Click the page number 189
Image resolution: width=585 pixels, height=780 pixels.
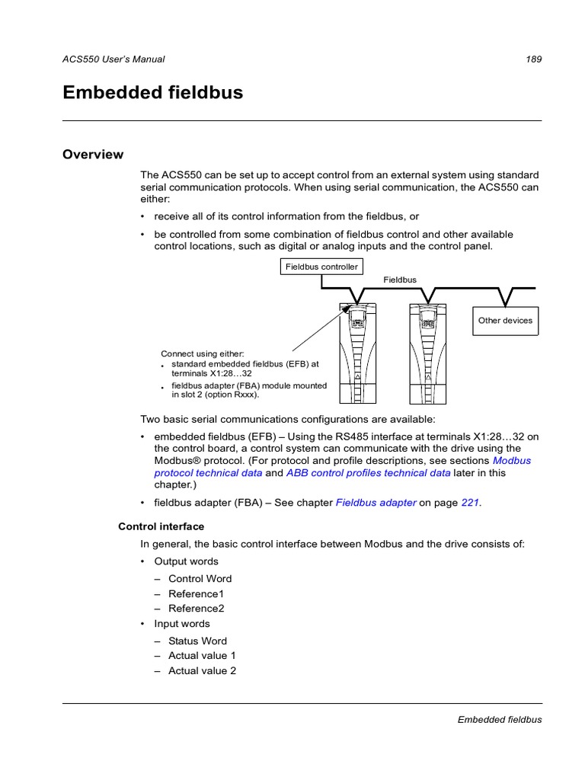tap(533, 59)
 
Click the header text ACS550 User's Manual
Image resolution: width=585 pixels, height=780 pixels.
tap(113, 59)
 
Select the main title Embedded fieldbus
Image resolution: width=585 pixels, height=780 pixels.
tap(152, 93)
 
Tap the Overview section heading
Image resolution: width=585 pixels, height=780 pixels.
tap(92, 155)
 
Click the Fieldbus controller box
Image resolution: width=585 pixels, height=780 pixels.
tap(321, 267)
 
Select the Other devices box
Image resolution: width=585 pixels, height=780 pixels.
tap(505, 321)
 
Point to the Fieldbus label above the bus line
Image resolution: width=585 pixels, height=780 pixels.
tap(400, 280)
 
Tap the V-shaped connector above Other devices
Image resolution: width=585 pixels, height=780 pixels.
tap(506, 296)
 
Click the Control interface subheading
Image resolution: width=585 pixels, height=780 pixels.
tap(161, 526)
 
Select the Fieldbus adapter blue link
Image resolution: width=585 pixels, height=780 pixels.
tap(376, 503)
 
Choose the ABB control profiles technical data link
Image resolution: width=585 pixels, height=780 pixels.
tap(368, 472)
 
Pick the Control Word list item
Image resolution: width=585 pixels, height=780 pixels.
tap(200, 578)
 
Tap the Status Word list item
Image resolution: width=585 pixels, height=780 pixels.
tap(197, 641)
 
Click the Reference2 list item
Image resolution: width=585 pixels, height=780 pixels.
tap(196, 609)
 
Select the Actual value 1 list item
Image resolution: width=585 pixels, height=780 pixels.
tap(202, 655)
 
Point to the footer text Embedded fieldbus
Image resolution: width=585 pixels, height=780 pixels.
tap(499, 719)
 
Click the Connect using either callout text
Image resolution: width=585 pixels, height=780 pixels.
tap(202, 353)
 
